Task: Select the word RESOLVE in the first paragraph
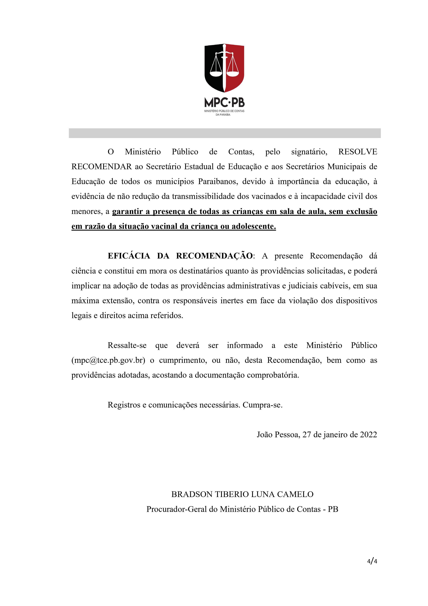coord(358,152)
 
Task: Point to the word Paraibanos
coord(218,182)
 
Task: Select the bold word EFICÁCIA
coord(129,256)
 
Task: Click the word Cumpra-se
coord(262,405)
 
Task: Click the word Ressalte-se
coord(127,346)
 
